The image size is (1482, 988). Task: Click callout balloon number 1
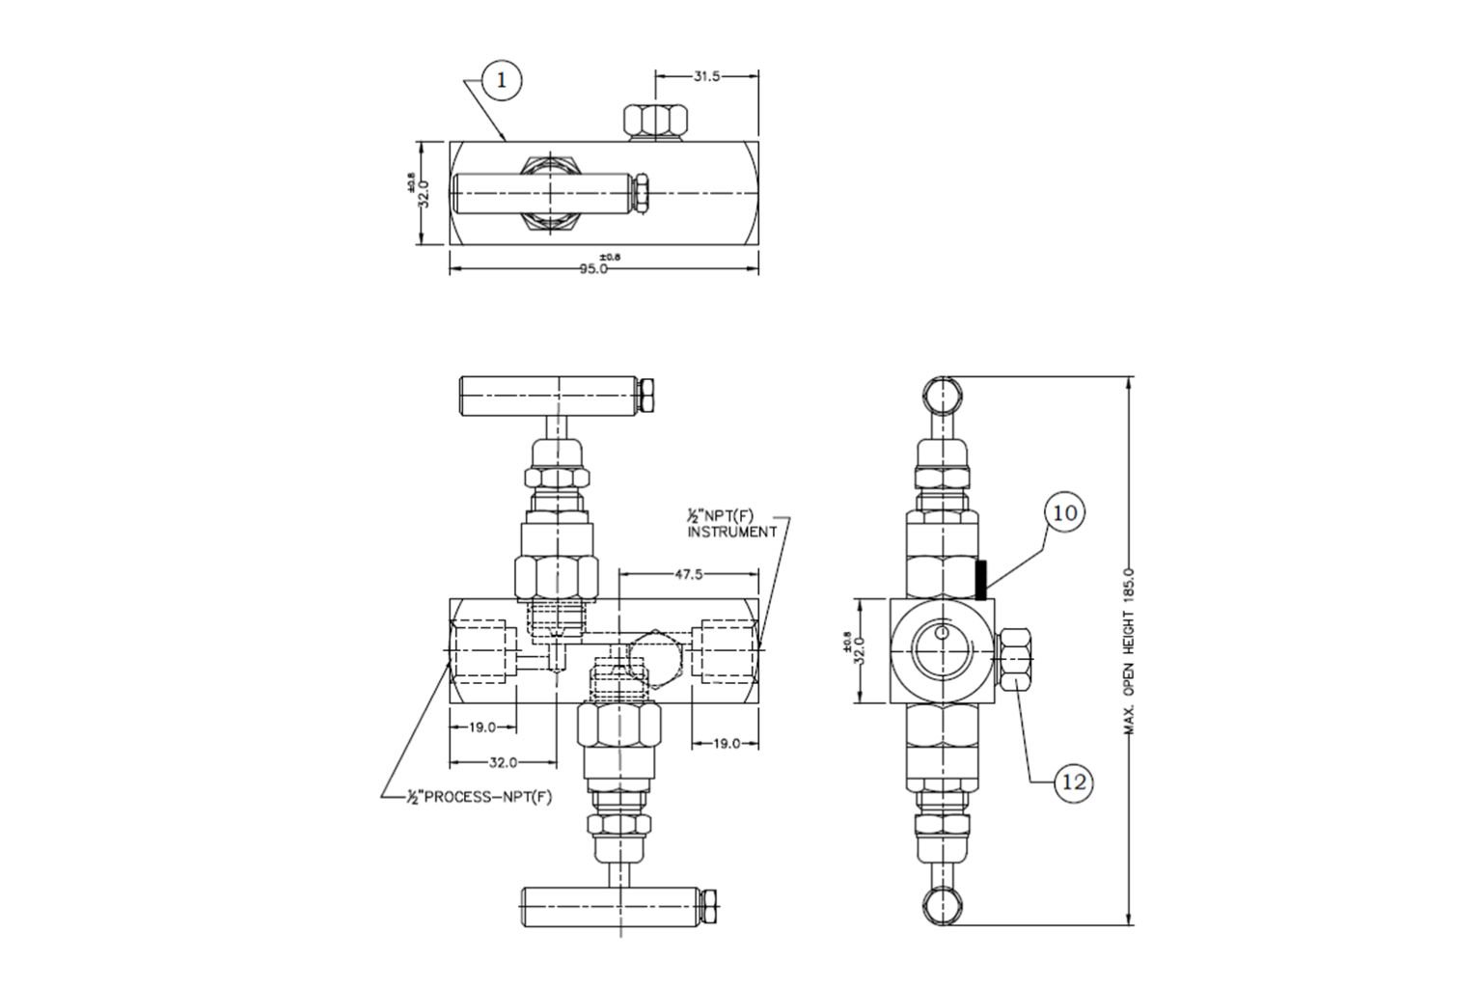pyautogui.click(x=501, y=81)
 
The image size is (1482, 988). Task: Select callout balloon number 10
pyautogui.click(x=1064, y=512)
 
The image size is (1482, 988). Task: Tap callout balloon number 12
pyautogui.click(x=1074, y=782)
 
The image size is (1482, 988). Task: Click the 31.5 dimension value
pyautogui.click(x=706, y=76)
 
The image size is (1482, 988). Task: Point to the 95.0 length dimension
pyautogui.click(x=593, y=269)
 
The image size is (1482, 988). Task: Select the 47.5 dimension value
pyautogui.click(x=688, y=574)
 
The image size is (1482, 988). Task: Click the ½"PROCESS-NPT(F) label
pyautogui.click(x=480, y=797)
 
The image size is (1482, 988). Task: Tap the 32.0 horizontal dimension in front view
pyautogui.click(x=503, y=762)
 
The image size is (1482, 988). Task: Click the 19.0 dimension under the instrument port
pyautogui.click(x=726, y=743)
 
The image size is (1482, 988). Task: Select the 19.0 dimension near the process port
pyautogui.click(x=482, y=727)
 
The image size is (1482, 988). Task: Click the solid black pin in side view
pyautogui.click(x=981, y=580)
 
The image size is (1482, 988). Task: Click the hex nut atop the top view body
pyautogui.click(x=654, y=122)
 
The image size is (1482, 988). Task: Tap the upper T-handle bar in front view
pyautogui.click(x=550, y=396)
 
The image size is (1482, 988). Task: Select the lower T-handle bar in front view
pyautogui.click(x=614, y=907)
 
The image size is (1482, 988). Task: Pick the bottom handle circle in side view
pyautogui.click(x=942, y=909)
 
